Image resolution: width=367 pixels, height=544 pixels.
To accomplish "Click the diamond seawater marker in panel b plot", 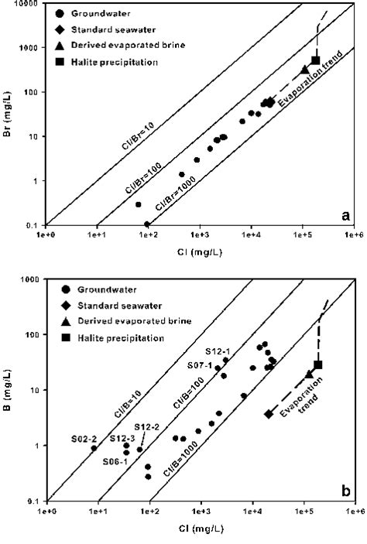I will tap(269, 414).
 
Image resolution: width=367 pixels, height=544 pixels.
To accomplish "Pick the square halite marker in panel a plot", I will tap(316, 60).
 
